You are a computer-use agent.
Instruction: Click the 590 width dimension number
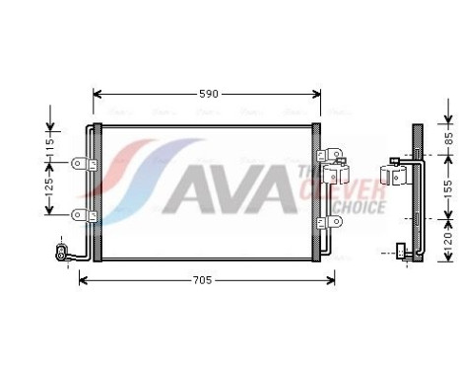click(208, 95)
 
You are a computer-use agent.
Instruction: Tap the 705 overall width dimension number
click(201, 280)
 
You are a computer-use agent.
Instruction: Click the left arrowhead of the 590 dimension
click(97, 95)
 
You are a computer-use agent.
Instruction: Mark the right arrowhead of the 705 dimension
click(331, 280)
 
